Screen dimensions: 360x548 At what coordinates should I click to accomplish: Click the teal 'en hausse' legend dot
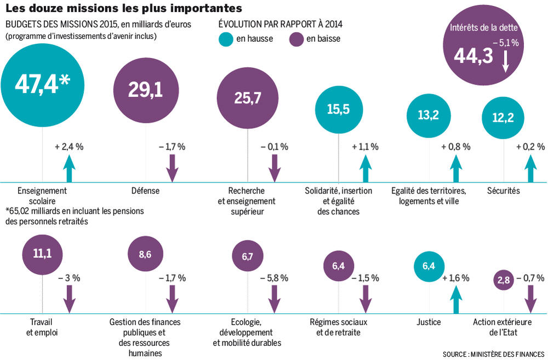[x=226, y=39]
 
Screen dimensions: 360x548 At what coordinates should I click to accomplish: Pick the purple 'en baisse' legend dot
[x=296, y=39]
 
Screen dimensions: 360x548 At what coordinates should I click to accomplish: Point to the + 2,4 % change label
[x=69, y=147]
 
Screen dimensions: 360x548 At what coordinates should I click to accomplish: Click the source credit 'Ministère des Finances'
[x=494, y=353]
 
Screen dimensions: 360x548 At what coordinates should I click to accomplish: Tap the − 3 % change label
[x=69, y=278]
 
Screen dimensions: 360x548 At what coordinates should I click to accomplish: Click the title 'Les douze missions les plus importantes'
[x=123, y=9]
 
